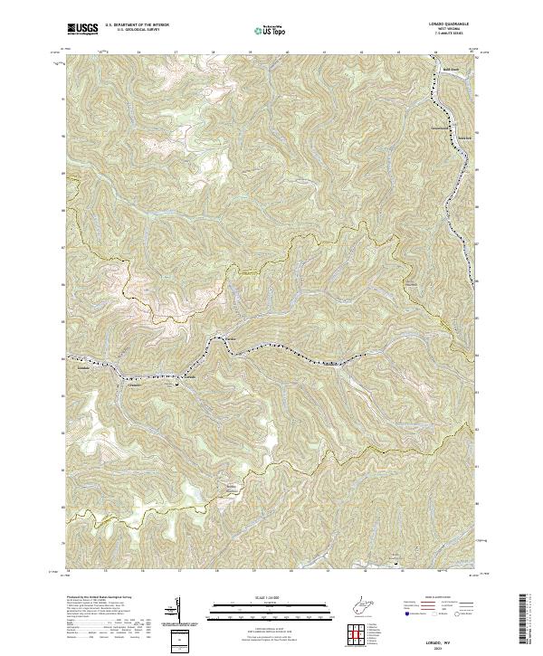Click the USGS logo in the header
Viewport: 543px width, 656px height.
[81, 30]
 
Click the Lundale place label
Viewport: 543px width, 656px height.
[229, 339]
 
